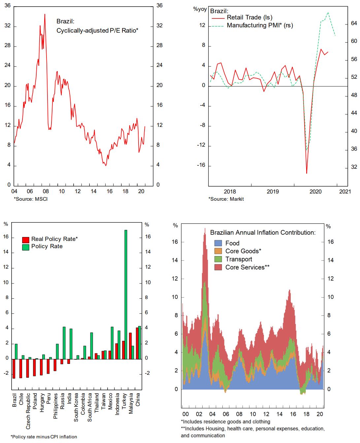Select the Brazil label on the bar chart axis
point(14,400)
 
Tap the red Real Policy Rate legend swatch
point(25,240)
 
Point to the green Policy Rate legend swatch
point(25,247)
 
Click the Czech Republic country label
point(28,411)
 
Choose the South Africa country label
point(90,407)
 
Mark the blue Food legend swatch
point(218,243)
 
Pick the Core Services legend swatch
point(218,267)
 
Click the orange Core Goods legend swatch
point(218,251)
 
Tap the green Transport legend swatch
point(218,259)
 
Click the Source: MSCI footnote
point(31,199)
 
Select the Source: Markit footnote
point(226,199)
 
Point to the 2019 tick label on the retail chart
point(273,192)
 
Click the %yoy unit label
point(200,9)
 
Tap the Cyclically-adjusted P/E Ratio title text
point(97,31)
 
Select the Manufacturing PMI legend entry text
point(260,25)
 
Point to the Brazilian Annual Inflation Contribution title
point(263,233)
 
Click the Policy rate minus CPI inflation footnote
point(44,437)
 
